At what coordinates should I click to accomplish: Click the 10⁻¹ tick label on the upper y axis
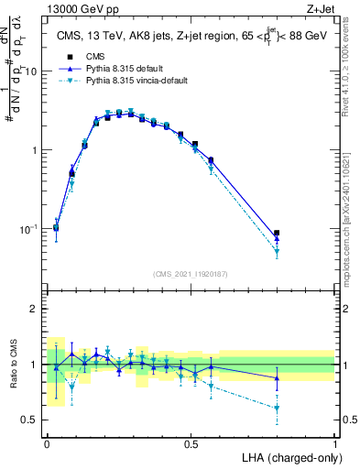pos(32,228)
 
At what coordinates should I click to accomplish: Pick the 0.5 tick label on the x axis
pos(191,443)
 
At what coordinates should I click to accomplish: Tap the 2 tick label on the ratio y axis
pos(37,309)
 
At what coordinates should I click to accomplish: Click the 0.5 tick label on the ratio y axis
pos(32,420)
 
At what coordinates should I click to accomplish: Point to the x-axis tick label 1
pos(335,443)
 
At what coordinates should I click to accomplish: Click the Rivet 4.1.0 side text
pos(352,82)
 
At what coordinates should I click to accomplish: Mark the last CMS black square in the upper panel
pos(277,234)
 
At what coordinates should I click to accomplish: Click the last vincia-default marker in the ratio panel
pos(277,408)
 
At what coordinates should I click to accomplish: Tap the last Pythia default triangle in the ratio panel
pos(277,378)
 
